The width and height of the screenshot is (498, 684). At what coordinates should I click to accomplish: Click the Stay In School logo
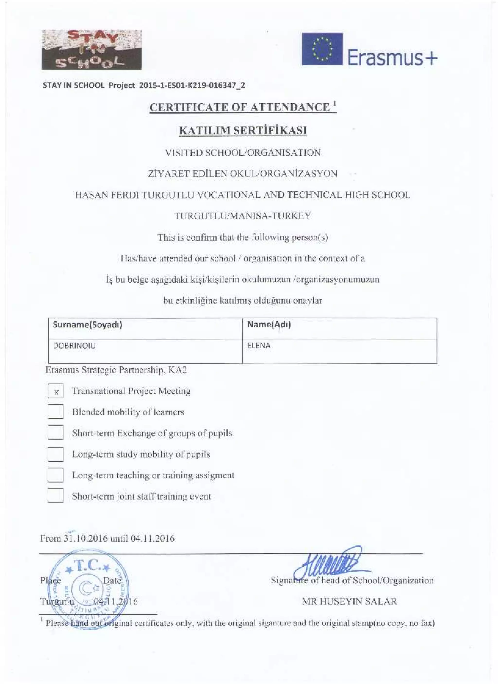(x=91, y=50)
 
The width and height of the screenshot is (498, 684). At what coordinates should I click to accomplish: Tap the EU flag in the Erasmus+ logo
(x=322, y=49)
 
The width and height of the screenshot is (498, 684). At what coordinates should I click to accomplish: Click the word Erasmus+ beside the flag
(x=392, y=58)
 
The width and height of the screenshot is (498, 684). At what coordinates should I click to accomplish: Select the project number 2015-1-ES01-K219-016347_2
(x=192, y=85)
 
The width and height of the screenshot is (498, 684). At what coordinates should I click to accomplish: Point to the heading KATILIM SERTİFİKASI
(x=243, y=131)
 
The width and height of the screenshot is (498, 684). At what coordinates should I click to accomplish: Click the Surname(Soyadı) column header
(x=88, y=325)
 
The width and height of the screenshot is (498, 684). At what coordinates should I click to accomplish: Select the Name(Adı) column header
(x=269, y=325)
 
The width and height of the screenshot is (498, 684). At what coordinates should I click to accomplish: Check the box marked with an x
(x=55, y=391)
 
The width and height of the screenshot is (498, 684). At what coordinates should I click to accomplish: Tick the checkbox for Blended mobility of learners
(x=55, y=412)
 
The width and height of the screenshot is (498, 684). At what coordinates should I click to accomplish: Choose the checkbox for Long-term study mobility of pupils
(x=55, y=454)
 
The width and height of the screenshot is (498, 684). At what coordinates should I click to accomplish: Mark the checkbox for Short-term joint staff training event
(x=55, y=496)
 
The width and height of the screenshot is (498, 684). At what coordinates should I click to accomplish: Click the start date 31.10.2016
(x=85, y=538)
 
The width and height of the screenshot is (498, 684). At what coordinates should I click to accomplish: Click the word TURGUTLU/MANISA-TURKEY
(x=243, y=216)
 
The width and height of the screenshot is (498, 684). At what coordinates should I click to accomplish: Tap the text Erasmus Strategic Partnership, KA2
(x=116, y=370)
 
